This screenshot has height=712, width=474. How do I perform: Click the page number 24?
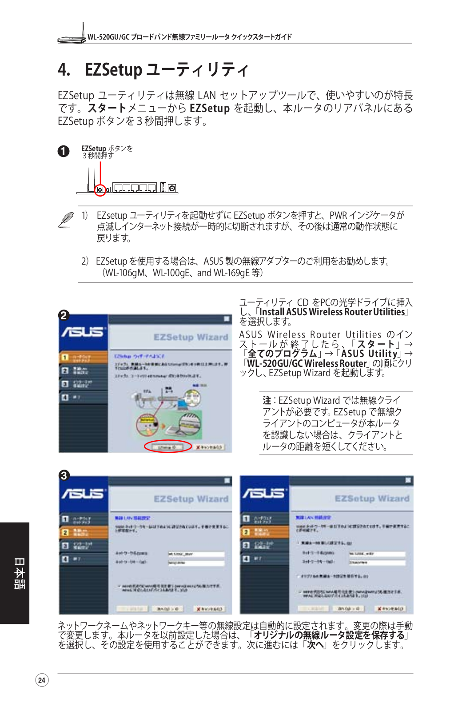(x=42, y=680)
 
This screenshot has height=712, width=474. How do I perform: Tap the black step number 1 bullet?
(x=64, y=151)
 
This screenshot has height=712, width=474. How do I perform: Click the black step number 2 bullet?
(x=64, y=315)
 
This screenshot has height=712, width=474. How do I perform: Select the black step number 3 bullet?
(x=64, y=475)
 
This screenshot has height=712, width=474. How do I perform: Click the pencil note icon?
(x=66, y=220)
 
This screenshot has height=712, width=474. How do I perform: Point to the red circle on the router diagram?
(x=100, y=190)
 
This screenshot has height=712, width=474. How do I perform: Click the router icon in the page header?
(x=72, y=34)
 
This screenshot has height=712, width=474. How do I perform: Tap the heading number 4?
(x=64, y=70)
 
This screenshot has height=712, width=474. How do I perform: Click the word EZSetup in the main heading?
(x=113, y=70)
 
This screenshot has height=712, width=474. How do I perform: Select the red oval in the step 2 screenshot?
(x=167, y=447)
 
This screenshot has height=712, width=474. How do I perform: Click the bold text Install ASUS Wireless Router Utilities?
(x=332, y=312)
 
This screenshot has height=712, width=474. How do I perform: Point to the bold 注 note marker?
(x=267, y=400)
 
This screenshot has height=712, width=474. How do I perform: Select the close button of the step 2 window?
(x=227, y=319)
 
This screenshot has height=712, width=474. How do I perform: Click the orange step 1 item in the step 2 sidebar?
(x=84, y=357)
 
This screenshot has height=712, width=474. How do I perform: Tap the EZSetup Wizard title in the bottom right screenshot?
(x=372, y=499)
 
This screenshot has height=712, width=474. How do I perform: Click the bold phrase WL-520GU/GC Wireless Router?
(x=307, y=363)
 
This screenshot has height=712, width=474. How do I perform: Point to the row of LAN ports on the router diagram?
(x=135, y=188)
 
